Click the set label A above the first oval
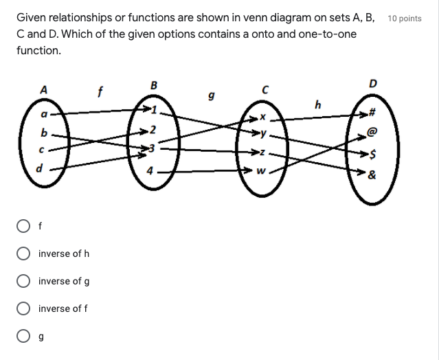(x=44, y=89)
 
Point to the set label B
(x=153, y=85)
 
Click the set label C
(x=264, y=89)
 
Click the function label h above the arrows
(x=317, y=105)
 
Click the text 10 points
(x=405, y=19)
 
